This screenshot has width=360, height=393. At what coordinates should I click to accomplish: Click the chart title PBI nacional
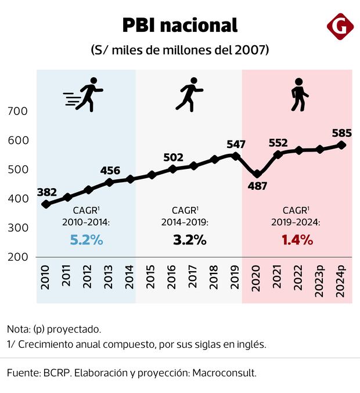click(x=179, y=25)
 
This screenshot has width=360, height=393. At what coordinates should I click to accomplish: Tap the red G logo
click(x=339, y=27)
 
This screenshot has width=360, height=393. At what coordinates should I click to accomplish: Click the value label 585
click(x=341, y=132)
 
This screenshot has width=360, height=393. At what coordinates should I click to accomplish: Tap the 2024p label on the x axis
click(x=341, y=281)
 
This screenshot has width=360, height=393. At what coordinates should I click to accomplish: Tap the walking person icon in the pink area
click(x=299, y=95)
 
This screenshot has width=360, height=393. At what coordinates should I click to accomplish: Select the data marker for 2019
click(x=235, y=156)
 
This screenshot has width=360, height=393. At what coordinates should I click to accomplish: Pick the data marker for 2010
click(x=46, y=204)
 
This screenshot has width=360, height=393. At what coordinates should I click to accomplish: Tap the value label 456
click(x=110, y=171)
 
